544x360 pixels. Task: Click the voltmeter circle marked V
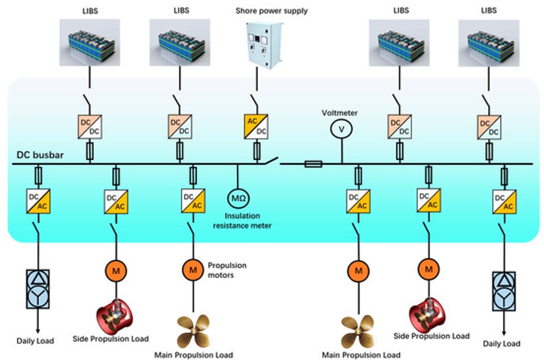(341, 129)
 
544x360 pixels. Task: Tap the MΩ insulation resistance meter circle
(237, 197)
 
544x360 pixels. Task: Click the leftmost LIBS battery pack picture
(89, 45)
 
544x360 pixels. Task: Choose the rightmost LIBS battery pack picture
(489, 44)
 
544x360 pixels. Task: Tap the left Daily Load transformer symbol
(38, 288)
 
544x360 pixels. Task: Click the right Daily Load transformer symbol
(504, 292)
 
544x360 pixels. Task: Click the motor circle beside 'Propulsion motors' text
(193, 269)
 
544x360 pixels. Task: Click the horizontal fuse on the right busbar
(313, 163)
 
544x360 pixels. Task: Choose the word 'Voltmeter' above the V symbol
(340, 113)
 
